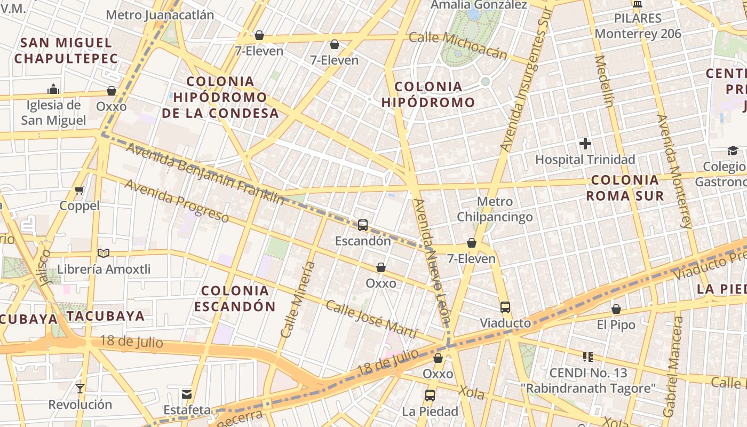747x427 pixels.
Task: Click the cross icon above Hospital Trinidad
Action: tap(585, 144)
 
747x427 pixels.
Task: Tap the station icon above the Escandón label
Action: tap(363, 225)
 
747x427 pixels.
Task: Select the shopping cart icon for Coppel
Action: tap(80, 190)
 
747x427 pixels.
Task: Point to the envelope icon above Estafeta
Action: tap(187, 394)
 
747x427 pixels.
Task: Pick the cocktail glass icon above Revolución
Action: tap(80, 389)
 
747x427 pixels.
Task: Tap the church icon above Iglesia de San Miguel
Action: tap(53, 89)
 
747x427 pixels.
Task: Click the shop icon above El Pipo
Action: tap(616, 309)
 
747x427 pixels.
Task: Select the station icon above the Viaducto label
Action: tap(505, 307)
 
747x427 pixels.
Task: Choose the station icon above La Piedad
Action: tap(430, 396)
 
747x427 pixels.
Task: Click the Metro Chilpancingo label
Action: tap(495, 209)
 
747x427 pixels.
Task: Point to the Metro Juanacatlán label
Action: tap(160, 14)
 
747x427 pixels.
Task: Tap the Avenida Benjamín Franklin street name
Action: tap(205, 173)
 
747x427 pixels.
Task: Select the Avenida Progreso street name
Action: tap(177, 201)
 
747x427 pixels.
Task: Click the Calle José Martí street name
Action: tap(371, 319)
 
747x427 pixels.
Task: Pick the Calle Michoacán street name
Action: tap(458, 45)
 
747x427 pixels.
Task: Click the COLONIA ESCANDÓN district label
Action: tap(235, 298)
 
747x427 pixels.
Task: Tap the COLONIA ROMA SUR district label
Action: tap(625, 188)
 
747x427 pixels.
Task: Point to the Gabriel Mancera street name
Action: tap(673, 367)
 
